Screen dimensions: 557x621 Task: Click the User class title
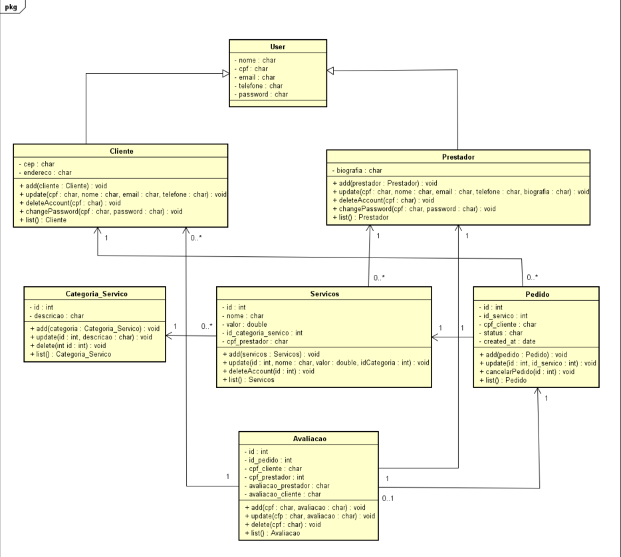pyautogui.click(x=277, y=47)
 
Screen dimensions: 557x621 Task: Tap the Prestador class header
pyautogui.click(x=458, y=157)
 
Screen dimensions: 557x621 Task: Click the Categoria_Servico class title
pyautogui.click(x=96, y=293)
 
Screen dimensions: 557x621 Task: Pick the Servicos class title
pyautogui.click(x=324, y=293)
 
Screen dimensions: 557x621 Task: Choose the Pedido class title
pyautogui.click(x=536, y=293)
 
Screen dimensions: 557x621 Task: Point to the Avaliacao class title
pyautogui.click(x=309, y=439)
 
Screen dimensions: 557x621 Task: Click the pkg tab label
pyautogui.click(x=11, y=7)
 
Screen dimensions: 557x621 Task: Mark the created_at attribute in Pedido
pyautogui.click(x=507, y=341)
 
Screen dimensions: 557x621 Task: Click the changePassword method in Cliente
pyautogui.click(x=99, y=211)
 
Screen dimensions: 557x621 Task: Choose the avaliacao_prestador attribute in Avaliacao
pyautogui.click(x=287, y=486)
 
